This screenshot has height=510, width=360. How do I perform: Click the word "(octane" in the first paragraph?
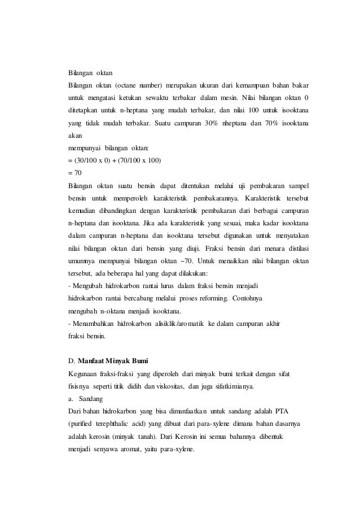click(x=130, y=85)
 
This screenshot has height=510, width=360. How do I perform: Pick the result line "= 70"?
click(x=74, y=172)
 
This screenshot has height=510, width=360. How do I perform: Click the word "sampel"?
click(x=297, y=185)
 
